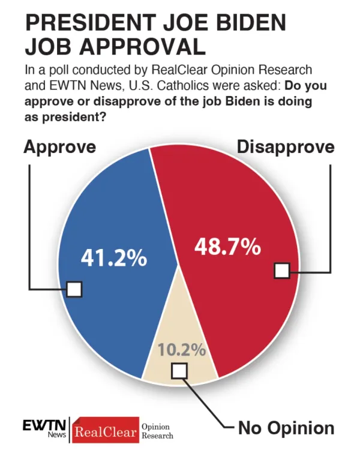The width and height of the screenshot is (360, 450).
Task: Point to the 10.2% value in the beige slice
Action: point(182,349)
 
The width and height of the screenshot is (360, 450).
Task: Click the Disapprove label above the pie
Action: point(285,148)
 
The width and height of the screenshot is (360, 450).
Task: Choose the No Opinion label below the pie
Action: point(286,428)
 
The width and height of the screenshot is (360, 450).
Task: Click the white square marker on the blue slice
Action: point(74,289)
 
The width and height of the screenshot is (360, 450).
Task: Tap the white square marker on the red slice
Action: point(281,271)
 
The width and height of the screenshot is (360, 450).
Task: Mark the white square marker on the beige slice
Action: point(179,371)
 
